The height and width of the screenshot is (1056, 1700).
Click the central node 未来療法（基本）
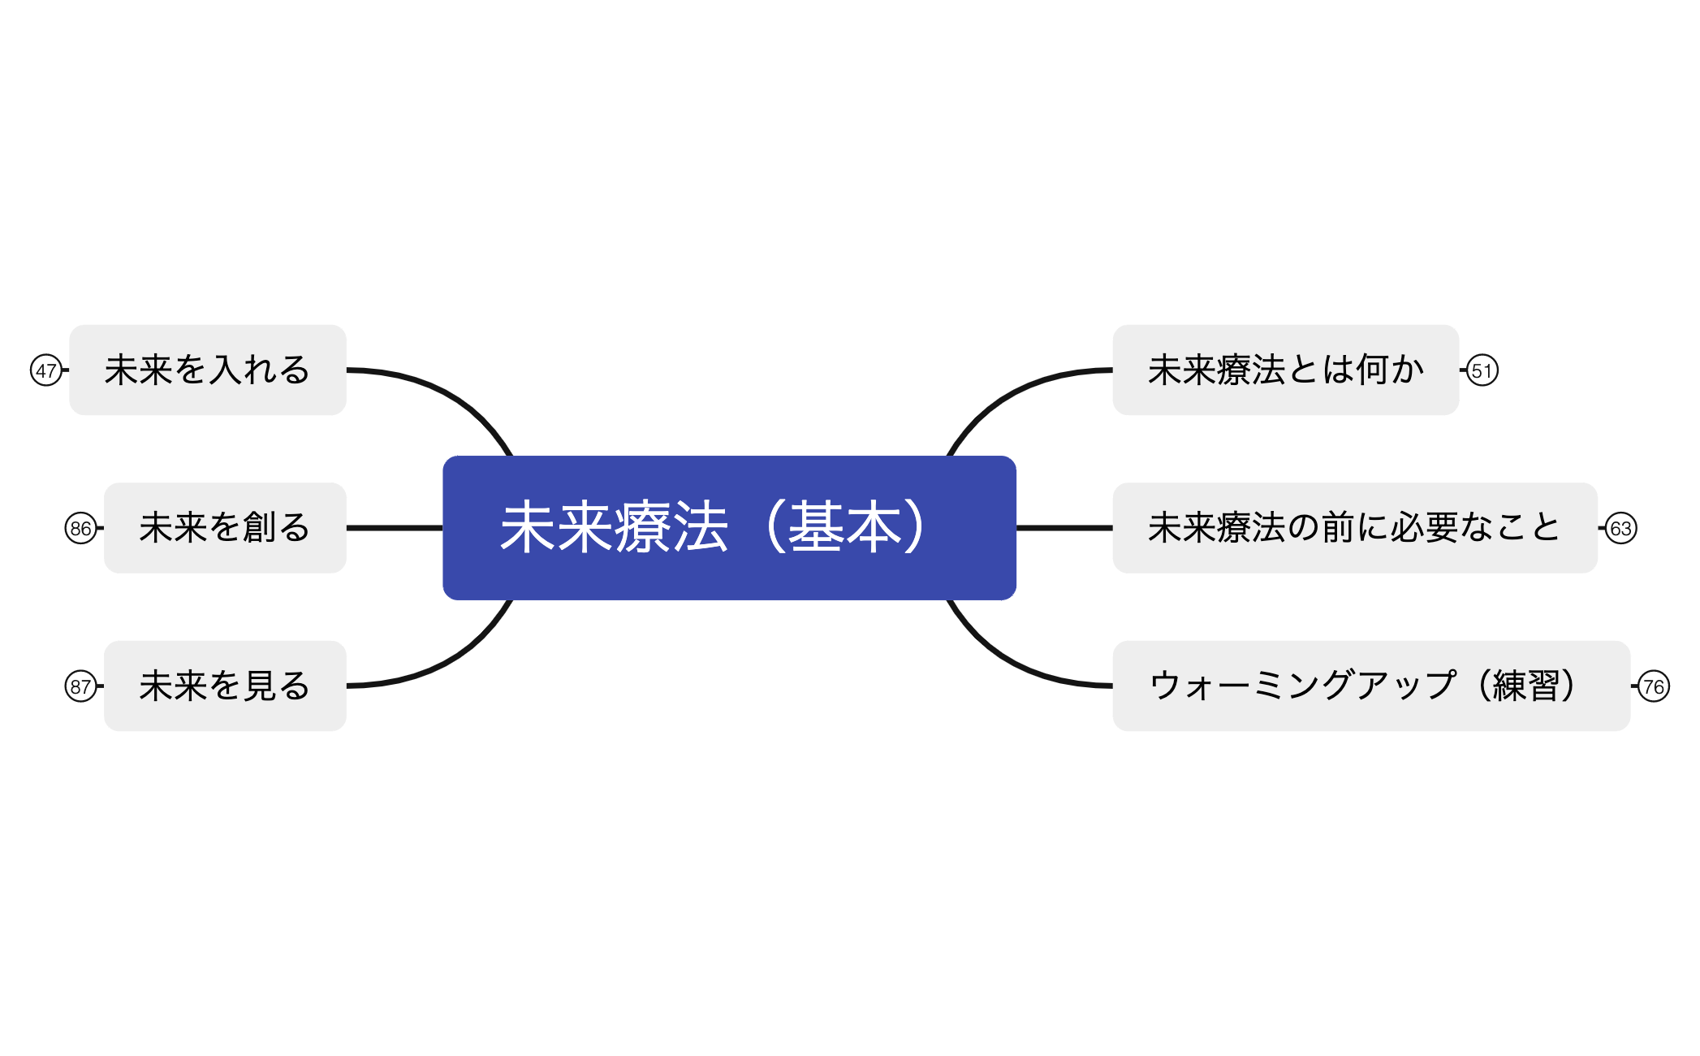(729, 528)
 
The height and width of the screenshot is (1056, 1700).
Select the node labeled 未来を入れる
(208, 370)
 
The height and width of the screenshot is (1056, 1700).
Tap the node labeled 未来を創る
(225, 528)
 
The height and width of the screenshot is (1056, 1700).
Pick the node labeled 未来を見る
(225, 686)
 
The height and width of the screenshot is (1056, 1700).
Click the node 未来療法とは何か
(1286, 370)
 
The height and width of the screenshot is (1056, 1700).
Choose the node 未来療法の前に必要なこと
(1355, 528)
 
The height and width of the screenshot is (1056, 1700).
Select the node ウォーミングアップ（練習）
(1371, 686)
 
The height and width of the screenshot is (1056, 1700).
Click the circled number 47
(46, 370)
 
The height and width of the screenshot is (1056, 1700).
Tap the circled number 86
(80, 528)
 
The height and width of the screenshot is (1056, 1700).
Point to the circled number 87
(80, 686)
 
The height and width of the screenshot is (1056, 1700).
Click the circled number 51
(1482, 370)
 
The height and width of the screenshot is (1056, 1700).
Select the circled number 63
(1621, 528)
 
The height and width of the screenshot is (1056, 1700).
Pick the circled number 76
(1654, 686)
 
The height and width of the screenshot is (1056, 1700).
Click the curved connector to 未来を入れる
(448, 395)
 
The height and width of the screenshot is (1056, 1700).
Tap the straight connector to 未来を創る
(395, 528)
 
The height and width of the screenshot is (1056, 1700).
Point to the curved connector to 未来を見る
(448, 661)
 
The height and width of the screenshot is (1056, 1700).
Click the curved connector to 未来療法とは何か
(1012, 395)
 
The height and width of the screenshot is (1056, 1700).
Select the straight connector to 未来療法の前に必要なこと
(1064, 528)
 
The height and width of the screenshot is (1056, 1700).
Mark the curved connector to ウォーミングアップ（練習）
(1012, 661)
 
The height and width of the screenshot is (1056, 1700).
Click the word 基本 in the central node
(845, 527)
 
